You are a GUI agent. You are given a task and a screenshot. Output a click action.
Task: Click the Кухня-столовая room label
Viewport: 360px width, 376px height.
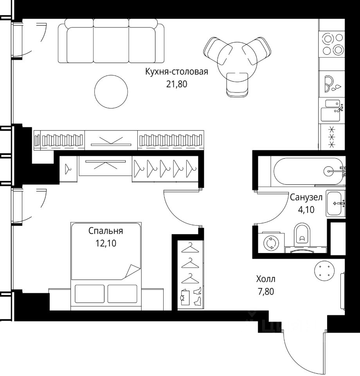point(176,72)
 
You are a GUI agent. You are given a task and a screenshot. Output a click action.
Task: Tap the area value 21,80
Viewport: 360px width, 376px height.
point(176,84)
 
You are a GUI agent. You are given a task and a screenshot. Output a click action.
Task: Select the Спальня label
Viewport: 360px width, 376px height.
point(106,231)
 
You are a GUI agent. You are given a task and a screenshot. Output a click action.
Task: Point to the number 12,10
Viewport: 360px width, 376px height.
point(106,243)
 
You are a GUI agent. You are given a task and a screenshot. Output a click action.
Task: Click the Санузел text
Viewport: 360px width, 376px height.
point(306,197)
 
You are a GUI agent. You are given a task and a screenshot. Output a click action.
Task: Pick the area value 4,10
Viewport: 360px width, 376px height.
point(306,210)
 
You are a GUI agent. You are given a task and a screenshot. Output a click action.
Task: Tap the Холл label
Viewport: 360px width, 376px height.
point(266,279)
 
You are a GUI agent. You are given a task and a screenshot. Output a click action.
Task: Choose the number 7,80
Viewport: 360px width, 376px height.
point(266,291)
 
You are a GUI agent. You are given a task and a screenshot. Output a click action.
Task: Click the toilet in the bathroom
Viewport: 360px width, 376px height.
point(302,235)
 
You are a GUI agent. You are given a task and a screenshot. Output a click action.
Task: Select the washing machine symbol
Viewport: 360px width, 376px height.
point(271,243)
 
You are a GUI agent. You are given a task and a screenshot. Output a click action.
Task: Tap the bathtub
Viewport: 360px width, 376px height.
point(308,171)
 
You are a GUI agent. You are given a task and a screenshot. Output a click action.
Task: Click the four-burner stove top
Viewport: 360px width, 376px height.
point(333,44)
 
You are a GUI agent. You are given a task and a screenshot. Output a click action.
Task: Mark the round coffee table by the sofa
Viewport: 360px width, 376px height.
point(111,91)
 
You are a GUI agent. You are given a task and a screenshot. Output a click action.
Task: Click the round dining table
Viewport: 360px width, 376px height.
point(237,62)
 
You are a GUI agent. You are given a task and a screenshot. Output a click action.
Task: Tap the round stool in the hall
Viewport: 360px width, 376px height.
point(324,271)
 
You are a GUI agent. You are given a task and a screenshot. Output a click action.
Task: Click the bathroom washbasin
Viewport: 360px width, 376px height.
point(335,204)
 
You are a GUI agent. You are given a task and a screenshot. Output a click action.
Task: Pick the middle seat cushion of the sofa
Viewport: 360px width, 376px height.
point(111,45)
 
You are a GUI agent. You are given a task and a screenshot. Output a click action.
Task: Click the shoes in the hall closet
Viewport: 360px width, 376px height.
point(197,296)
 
